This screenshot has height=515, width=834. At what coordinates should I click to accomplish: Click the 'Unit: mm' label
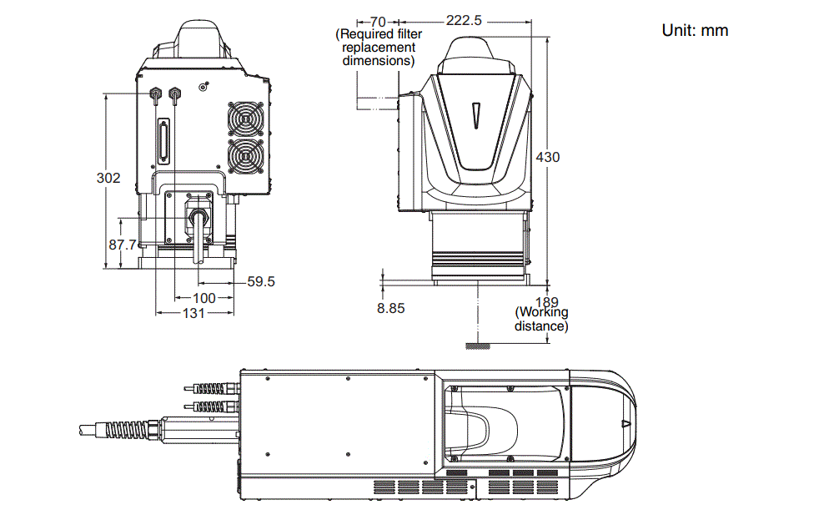click(695, 31)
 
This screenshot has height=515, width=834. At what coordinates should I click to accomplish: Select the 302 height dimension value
click(108, 178)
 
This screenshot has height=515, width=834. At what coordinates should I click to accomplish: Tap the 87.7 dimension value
click(123, 245)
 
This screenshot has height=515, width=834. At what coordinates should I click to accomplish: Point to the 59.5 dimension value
click(261, 282)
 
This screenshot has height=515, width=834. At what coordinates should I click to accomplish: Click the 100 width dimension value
click(203, 298)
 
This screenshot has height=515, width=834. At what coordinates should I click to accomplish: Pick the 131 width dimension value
click(193, 313)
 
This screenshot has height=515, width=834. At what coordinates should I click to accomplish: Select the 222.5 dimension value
click(464, 21)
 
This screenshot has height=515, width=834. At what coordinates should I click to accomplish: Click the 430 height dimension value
click(547, 157)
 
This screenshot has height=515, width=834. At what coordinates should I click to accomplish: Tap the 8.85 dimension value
click(390, 308)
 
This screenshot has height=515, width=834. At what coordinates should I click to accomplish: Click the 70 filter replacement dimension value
click(377, 21)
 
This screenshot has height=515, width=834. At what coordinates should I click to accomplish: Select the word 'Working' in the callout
click(543, 313)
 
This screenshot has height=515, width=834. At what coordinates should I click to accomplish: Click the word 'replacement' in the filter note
click(379, 48)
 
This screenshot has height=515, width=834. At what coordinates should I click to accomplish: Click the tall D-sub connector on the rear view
click(164, 140)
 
